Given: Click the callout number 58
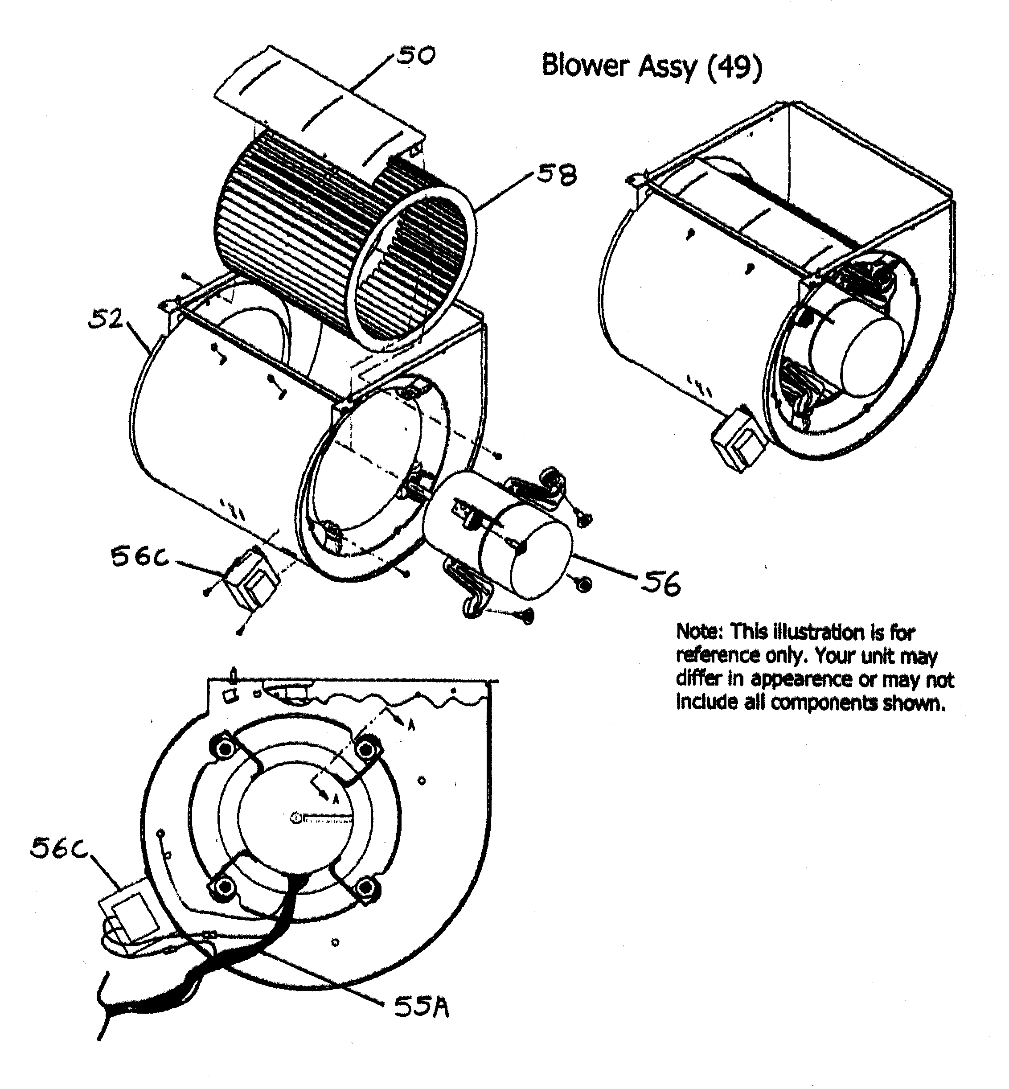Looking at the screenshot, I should pos(557,176).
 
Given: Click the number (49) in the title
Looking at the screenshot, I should pos(734,66).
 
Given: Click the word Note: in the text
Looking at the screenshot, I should pos(700,632).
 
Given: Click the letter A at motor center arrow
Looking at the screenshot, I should pos(336,800).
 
